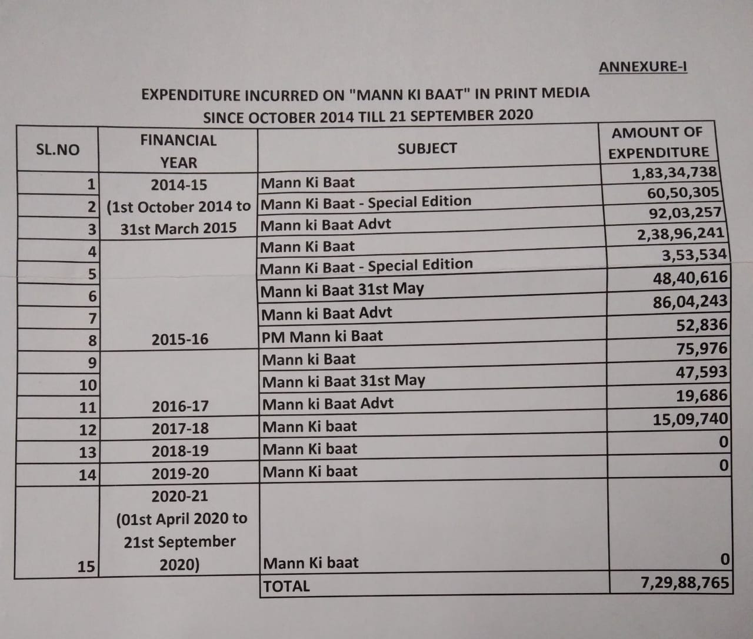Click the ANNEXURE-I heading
pos(643,66)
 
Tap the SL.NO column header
pos(58,149)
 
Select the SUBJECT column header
pos(427,148)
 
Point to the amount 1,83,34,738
pos(674,172)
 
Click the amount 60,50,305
pos(682,192)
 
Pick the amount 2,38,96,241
pos(680,234)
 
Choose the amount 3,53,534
pos(694,255)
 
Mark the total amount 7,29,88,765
pos(684,583)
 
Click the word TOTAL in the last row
pos(286,586)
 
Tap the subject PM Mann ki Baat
pos(322,337)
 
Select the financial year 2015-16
pos(180,340)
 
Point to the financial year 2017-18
pos(180,428)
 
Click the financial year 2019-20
pos(180,473)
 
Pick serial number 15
pos(86,566)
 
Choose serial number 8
pos(92,340)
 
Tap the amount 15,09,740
pos(690,419)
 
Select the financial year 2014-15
pos(179,185)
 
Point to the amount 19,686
pos(701,395)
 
